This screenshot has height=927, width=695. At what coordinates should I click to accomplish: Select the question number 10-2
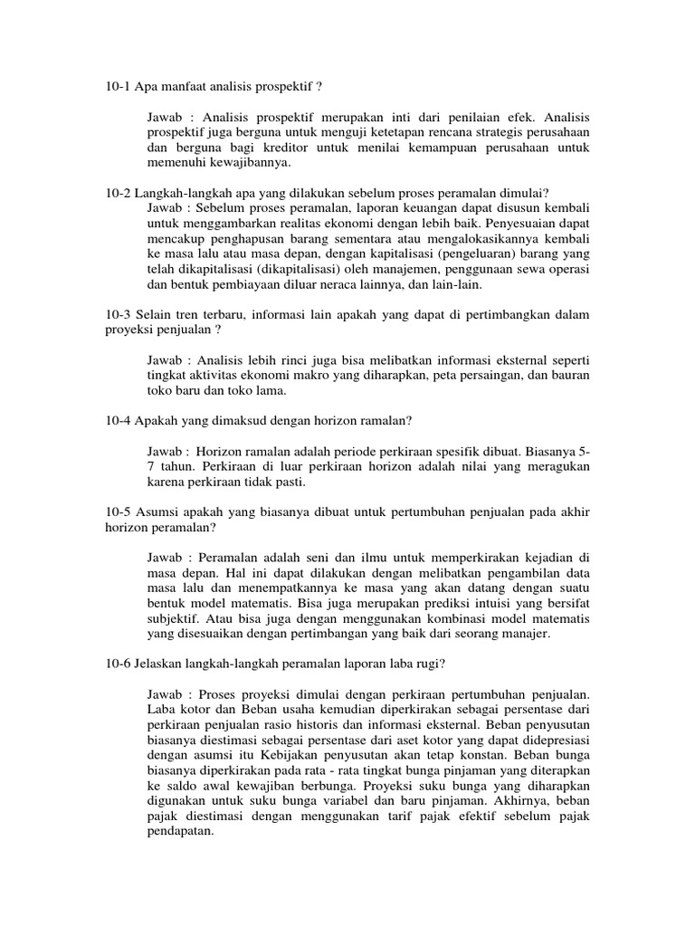point(119,192)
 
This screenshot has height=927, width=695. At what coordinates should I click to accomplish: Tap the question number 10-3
point(119,313)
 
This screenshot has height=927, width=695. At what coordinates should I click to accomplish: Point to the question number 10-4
point(119,420)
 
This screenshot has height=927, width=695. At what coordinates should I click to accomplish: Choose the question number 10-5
point(119,511)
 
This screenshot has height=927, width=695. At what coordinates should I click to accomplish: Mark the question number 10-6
point(119,664)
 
